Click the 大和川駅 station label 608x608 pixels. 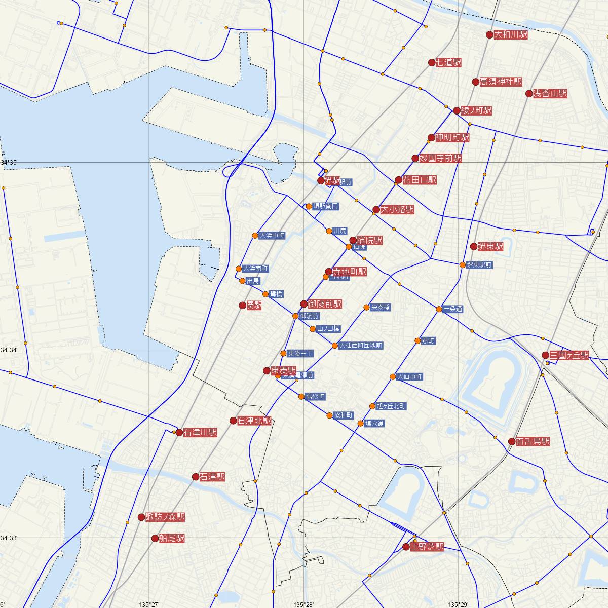pyautogui.click(x=511, y=35)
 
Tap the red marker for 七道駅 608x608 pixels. pyautogui.click(x=432, y=63)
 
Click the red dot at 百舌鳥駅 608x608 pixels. pyautogui.click(x=512, y=441)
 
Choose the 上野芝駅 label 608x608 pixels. pyautogui.click(x=427, y=547)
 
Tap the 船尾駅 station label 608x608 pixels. pyautogui.click(x=172, y=539)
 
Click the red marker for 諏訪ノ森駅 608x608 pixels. pyautogui.click(x=141, y=517)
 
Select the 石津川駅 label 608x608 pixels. pyautogui.click(x=200, y=433)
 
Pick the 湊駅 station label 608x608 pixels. pyautogui.click(x=254, y=306)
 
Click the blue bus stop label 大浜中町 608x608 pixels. pyautogui.click(x=272, y=236)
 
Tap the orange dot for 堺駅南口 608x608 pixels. pyautogui.click(x=309, y=206)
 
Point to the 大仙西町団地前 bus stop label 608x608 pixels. pyautogui.click(x=361, y=346)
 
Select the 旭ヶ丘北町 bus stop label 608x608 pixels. pyautogui.click(x=391, y=406)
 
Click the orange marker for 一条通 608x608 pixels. pyautogui.click(x=439, y=309)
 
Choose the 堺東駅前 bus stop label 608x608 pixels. pyautogui.click(x=479, y=265)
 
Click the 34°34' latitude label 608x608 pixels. pyautogui.click(x=9, y=350)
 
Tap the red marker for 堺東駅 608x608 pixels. pyautogui.click(x=474, y=247)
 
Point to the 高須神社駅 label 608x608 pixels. pyautogui.click(x=501, y=82)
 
